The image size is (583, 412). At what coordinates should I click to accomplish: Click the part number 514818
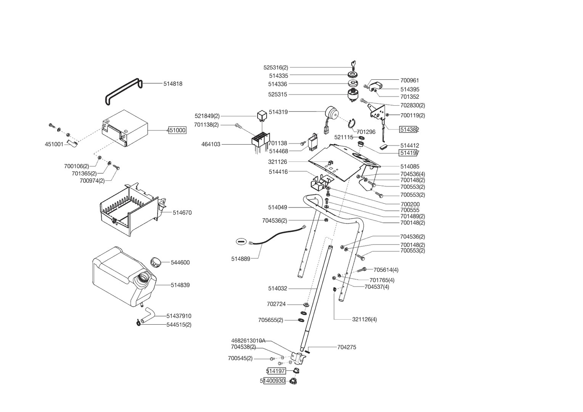[173, 84]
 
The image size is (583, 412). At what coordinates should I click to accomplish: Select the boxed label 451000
[177, 130]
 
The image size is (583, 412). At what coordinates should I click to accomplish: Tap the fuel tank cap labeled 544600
[156, 262]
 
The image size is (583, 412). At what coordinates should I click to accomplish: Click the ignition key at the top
[353, 65]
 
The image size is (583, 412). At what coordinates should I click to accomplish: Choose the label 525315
[277, 95]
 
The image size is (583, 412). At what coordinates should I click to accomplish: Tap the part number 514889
[240, 259]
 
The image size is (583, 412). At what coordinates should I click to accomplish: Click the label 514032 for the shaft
[277, 289]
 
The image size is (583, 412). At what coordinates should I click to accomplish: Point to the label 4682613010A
[248, 341]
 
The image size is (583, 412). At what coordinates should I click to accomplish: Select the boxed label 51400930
[273, 381]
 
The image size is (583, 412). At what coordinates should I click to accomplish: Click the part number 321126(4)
[364, 319]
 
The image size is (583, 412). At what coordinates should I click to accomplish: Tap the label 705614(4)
[386, 270]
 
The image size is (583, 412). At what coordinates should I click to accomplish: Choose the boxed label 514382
[409, 130]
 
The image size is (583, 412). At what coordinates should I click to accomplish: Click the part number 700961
[409, 80]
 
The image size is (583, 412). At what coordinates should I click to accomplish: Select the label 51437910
[179, 316]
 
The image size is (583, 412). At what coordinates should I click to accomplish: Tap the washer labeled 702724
[306, 305]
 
